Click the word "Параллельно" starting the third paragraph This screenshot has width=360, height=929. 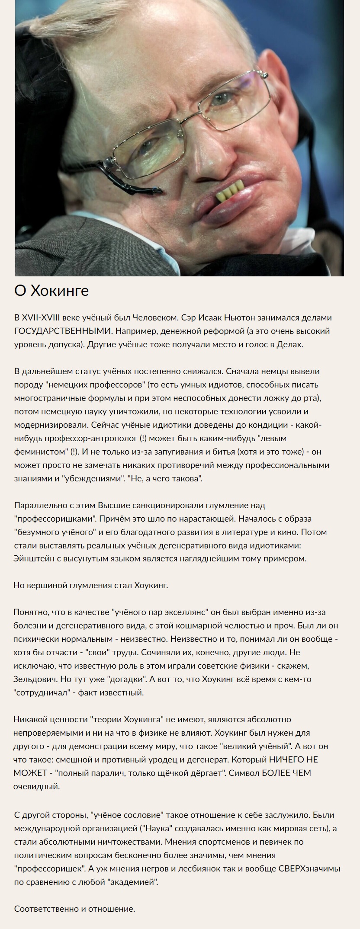tap(39, 505)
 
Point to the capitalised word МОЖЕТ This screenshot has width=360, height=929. tap(28, 772)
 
